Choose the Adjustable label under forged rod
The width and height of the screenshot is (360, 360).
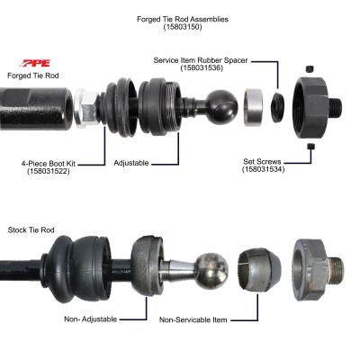coord(131,164)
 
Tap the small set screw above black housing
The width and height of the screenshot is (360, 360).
coord(309,68)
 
